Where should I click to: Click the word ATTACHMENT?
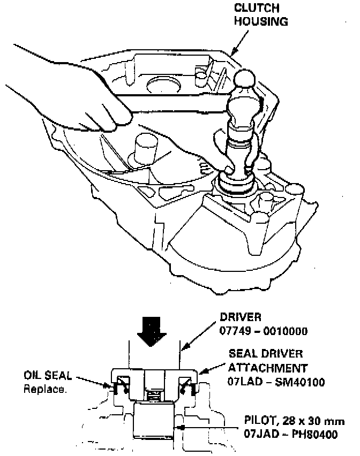coord(268,368)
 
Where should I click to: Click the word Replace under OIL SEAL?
coord(45,389)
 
